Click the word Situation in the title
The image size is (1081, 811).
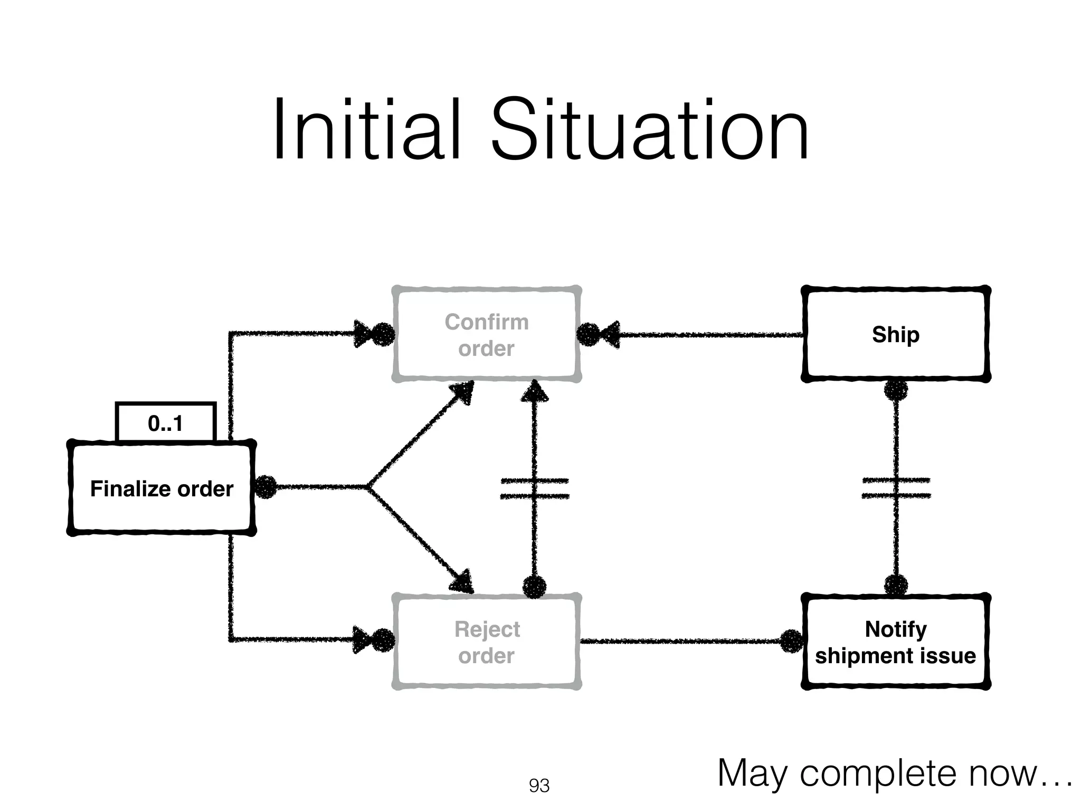click(x=650, y=130)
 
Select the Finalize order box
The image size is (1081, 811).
click(x=162, y=488)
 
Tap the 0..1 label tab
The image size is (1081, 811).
click(x=165, y=423)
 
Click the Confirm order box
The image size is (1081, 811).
click(x=486, y=335)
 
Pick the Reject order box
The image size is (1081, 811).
click(x=486, y=642)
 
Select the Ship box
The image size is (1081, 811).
click(x=895, y=335)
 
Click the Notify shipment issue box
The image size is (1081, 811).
click(x=895, y=642)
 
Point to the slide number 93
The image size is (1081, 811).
click(x=539, y=786)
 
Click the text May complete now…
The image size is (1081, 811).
click(x=894, y=773)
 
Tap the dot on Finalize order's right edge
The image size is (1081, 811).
click(x=266, y=487)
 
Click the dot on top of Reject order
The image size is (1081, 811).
click(x=534, y=587)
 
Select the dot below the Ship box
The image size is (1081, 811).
click(x=896, y=391)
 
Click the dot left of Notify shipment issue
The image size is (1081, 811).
click(x=791, y=641)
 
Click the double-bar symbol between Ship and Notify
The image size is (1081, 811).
click(x=896, y=488)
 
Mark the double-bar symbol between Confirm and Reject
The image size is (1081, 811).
click(x=534, y=488)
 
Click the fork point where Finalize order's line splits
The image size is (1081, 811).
click(x=368, y=487)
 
